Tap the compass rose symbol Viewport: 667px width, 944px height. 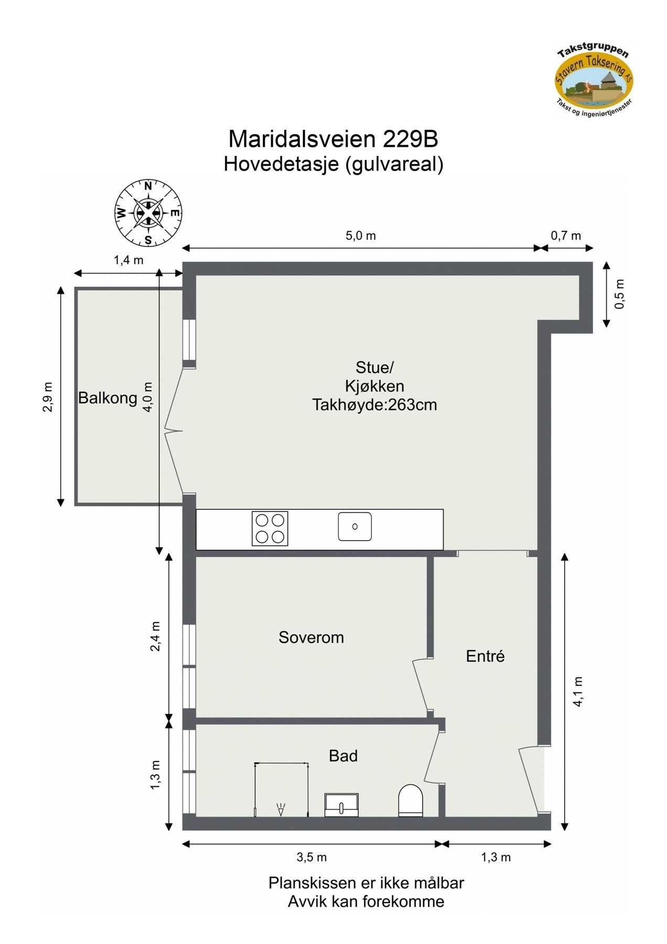[x=148, y=213]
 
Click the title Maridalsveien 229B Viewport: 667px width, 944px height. [x=333, y=139]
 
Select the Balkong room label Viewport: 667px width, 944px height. [x=107, y=398]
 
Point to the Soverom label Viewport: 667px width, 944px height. [x=311, y=637]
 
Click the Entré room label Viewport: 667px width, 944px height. [x=485, y=656]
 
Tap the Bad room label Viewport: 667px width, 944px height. [x=343, y=756]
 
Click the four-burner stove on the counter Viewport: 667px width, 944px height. [x=270, y=528]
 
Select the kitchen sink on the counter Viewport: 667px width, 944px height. [x=354, y=527]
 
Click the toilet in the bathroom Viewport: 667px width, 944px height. [x=411, y=800]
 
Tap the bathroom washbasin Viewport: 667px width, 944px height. [x=341, y=804]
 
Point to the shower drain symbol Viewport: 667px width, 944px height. [x=281, y=809]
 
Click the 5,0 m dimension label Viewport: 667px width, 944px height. [x=361, y=235]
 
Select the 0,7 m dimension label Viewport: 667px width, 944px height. [x=566, y=235]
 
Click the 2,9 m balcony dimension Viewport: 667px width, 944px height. [x=48, y=396]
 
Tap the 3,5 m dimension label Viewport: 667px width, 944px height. [x=311, y=857]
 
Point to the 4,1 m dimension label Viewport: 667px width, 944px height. [x=578, y=692]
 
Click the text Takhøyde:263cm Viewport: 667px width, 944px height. [x=374, y=405]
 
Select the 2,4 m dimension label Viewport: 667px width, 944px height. [x=155, y=636]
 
